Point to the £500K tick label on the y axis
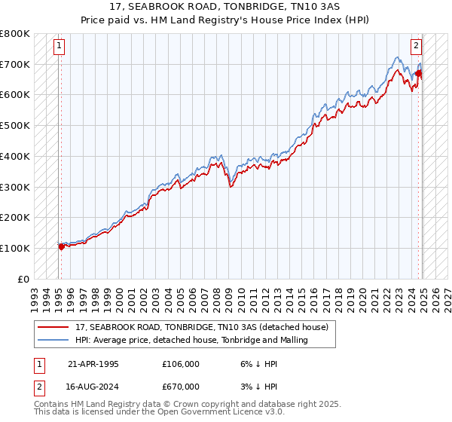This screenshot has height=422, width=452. (15, 125)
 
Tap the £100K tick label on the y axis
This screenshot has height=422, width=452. (15, 248)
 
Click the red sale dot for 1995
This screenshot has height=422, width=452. (61, 246)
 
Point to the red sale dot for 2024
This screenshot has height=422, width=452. (419, 73)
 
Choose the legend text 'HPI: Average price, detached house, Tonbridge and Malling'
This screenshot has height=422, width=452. (192, 341)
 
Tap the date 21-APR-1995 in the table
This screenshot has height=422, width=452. (93, 364)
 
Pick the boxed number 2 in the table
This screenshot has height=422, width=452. (38, 387)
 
